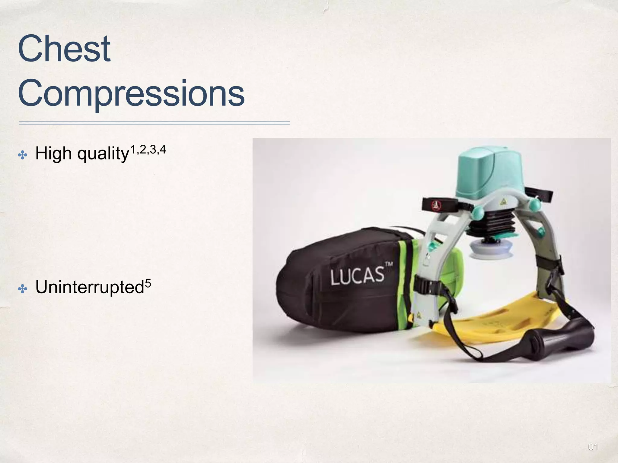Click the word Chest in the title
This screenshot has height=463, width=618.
(x=64, y=49)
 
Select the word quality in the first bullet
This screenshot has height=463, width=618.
(x=103, y=154)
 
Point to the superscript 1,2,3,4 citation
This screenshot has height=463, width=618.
(x=148, y=150)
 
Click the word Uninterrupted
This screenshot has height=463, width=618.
(x=89, y=287)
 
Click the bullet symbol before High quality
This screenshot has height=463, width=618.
(x=23, y=156)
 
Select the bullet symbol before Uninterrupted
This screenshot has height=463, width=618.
(x=23, y=289)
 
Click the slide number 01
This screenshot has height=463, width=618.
(x=593, y=447)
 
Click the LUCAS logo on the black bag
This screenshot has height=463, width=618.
(x=357, y=276)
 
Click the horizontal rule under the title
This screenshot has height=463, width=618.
(x=154, y=123)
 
